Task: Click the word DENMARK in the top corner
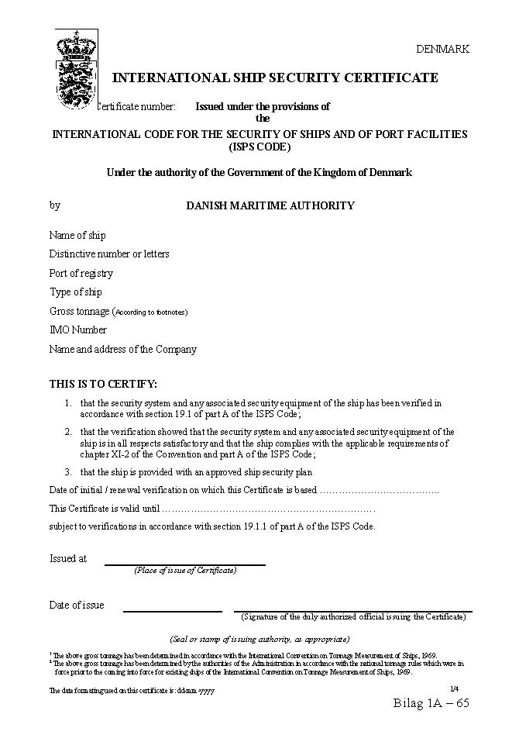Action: click(442, 49)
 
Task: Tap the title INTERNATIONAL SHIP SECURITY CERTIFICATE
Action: click(275, 78)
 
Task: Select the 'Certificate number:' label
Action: click(137, 106)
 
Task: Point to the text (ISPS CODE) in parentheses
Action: click(259, 147)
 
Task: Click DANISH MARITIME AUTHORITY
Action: click(270, 205)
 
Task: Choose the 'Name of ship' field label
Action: click(77, 235)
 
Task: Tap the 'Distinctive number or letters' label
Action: click(109, 254)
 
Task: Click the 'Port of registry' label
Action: click(81, 273)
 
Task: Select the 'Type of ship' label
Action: click(76, 292)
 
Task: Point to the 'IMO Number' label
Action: click(78, 330)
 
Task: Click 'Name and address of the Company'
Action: click(123, 350)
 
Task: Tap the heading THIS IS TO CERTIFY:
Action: click(103, 384)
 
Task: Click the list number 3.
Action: click(68, 471)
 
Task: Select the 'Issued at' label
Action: click(68, 558)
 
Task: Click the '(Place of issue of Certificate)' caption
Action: click(185, 571)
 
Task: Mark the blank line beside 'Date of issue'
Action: click(173, 611)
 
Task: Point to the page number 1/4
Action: click(454, 688)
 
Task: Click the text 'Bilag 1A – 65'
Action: click(431, 703)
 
